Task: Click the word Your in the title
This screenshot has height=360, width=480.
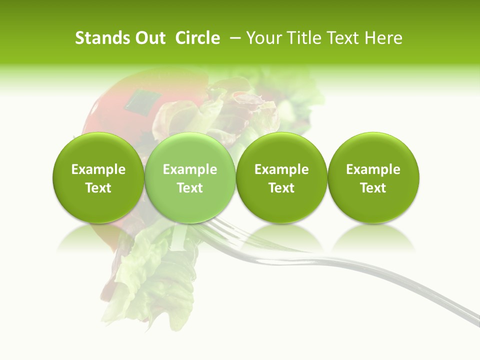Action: point(263,38)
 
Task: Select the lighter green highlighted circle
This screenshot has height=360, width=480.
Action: point(190,178)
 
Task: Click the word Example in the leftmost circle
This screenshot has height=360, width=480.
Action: point(98,169)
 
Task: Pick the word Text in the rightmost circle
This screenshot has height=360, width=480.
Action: point(373,188)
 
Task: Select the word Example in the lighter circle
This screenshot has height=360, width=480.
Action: point(190,169)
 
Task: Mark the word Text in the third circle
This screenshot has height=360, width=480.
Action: point(281,188)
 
